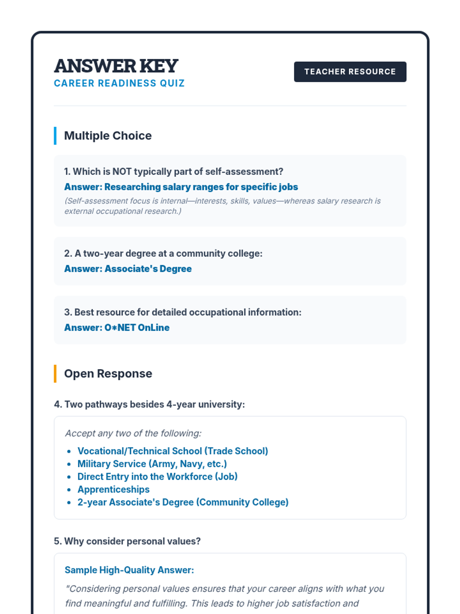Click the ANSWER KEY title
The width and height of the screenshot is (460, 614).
point(116,66)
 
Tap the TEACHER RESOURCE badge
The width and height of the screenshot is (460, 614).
point(350,72)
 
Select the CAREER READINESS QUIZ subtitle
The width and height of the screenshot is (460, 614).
point(119,83)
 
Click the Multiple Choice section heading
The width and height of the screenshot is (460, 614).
point(108,136)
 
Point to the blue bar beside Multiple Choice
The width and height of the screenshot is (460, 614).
point(55,136)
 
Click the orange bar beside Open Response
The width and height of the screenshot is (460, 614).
point(55,374)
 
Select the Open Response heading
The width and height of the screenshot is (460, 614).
point(108,374)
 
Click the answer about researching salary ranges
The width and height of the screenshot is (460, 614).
point(181,187)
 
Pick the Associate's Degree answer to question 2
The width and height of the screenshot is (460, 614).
point(128,269)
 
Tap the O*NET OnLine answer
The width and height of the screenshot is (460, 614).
point(117,327)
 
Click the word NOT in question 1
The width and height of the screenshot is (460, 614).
point(122,172)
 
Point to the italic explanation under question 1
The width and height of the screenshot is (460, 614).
point(222,206)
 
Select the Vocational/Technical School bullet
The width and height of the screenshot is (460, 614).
point(172,451)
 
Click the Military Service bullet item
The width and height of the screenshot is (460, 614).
point(152,464)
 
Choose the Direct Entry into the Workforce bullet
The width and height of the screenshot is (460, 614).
point(158,477)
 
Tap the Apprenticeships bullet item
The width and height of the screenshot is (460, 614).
point(113,490)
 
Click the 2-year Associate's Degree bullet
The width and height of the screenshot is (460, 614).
point(183,502)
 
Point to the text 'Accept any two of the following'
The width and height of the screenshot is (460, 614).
point(133,433)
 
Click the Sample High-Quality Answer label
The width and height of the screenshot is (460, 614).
point(129,570)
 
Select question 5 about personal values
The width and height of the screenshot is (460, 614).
point(127,541)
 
